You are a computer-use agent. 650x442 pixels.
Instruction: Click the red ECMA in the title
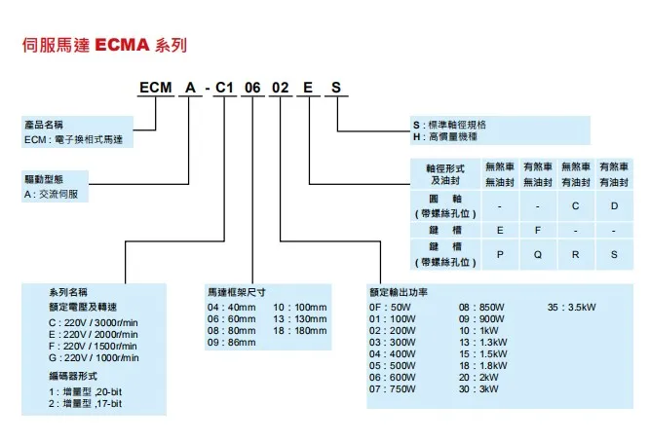[124, 45]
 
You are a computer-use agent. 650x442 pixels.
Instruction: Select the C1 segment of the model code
[222, 88]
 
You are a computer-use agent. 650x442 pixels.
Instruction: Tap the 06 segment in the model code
[252, 88]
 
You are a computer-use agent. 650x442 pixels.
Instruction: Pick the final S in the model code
[336, 88]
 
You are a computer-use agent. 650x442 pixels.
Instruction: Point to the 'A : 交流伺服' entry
[57, 194]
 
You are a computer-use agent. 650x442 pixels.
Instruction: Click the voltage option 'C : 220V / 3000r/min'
[94, 321]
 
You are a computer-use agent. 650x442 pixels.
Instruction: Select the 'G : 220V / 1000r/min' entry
[94, 358]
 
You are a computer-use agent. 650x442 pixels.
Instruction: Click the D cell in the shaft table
[614, 205]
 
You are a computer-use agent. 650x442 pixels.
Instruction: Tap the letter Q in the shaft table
[537, 252]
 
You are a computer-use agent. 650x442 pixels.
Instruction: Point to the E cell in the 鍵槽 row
[500, 230]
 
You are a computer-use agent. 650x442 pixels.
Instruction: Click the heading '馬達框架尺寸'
[237, 291]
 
